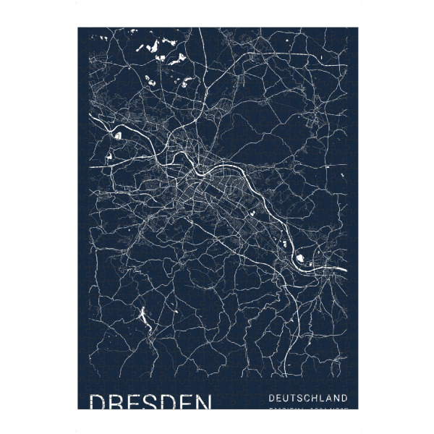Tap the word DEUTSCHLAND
coord(307,398)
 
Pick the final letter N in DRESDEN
coord(203,402)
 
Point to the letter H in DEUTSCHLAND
coord(318,398)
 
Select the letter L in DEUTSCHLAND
coord(326,398)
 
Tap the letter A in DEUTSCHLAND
coord(333,398)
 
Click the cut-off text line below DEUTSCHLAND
coord(307,408)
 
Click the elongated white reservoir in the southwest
coord(143,316)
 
